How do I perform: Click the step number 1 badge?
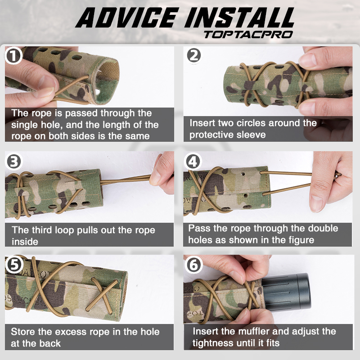point(13,56)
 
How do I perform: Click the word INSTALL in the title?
point(236,18)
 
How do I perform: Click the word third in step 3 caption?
point(42,230)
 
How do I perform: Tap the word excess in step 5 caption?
point(70,332)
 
